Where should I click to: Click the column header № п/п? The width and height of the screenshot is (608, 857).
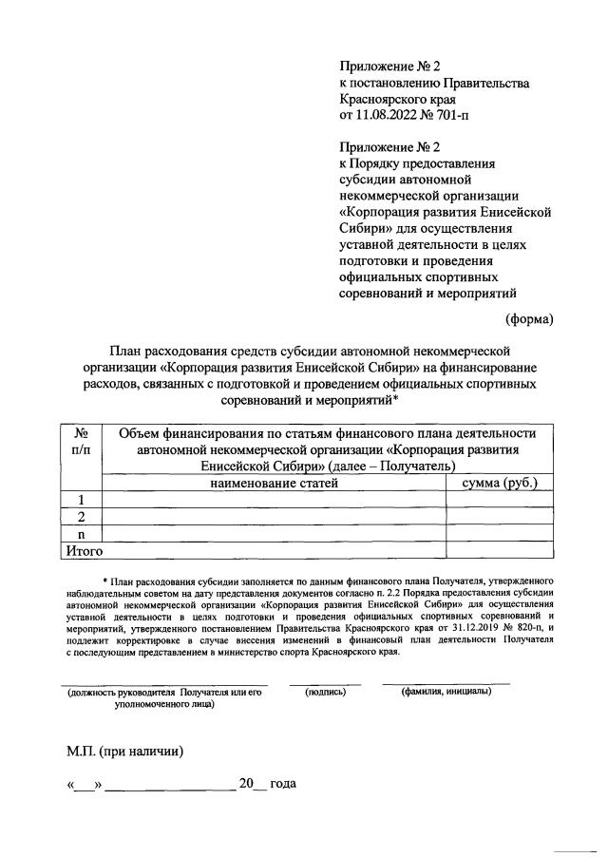82,441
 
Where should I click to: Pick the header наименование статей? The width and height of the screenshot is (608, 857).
275,483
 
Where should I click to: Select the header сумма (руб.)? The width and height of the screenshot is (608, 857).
500,483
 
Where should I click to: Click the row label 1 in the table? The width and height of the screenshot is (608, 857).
82,500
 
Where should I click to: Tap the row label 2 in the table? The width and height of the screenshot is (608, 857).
82,516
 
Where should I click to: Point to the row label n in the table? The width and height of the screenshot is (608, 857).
82,533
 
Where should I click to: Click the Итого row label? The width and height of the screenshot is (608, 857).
83,549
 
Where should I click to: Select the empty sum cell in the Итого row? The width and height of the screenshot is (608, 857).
500,549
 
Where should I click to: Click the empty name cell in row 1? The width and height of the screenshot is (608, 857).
275,500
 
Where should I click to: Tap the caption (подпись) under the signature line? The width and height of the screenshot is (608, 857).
325,692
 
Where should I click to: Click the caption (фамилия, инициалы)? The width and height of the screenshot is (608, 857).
446,692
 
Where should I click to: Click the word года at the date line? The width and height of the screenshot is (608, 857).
283,784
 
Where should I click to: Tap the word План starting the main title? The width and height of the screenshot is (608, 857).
127,351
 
